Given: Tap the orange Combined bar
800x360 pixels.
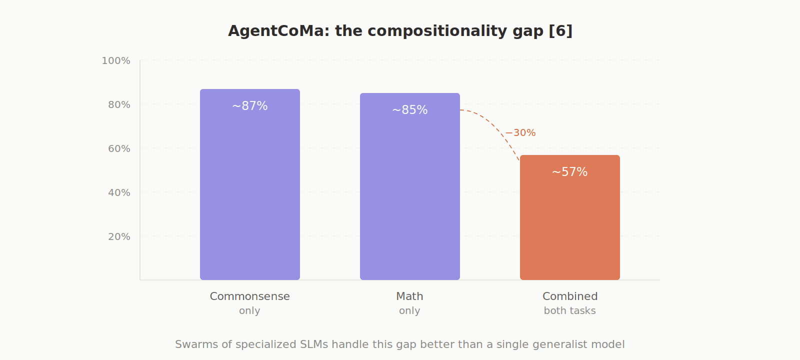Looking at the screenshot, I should click(x=570, y=225).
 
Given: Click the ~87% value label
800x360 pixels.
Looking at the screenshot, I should click(x=250, y=106).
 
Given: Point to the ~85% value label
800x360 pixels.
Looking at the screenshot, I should click(x=410, y=110).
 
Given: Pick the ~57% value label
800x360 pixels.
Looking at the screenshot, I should click(x=570, y=172).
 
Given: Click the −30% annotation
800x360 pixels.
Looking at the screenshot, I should click(x=520, y=133).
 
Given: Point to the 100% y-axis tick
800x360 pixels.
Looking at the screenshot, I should click(x=116, y=61).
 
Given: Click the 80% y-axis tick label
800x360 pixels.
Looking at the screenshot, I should click(x=119, y=105).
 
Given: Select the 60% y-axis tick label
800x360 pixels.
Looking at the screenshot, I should click(x=119, y=149).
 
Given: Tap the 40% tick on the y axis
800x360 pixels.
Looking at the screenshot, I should click(x=119, y=193).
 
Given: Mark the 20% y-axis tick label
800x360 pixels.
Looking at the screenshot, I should click(x=119, y=237).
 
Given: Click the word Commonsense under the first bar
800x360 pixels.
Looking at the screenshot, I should click(x=250, y=296).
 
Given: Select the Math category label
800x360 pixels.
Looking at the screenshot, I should click(x=410, y=296).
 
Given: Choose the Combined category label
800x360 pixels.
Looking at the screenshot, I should click(x=570, y=296).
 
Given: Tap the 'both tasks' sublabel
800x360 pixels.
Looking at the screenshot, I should click(x=570, y=311).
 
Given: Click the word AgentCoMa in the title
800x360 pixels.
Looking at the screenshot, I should click(x=276, y=31).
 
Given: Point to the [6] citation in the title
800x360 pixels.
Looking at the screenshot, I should click(x=560, y=31).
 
